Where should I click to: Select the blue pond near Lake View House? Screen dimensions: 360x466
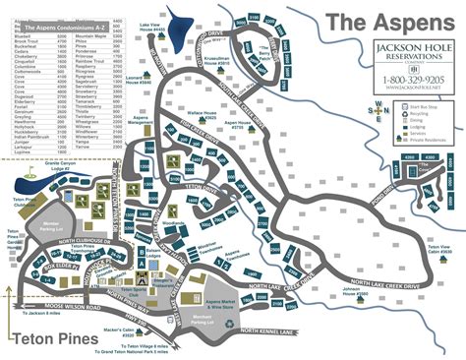click(x=179, y=21)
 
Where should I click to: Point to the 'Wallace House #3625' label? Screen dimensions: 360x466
click(x=219, y=122)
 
